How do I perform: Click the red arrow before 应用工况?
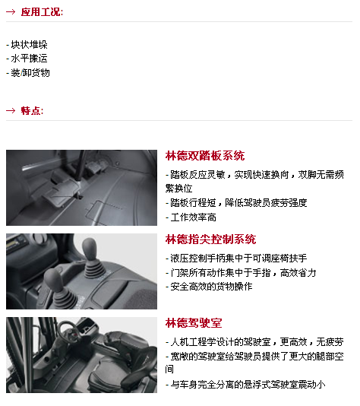[11, 11]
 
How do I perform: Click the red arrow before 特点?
[11, 110]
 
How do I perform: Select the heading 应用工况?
[42, 12]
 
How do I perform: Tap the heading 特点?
[32, 110]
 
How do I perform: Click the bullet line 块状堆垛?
[27, 45]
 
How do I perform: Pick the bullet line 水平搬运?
[27, 59]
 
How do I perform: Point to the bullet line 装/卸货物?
[28, 73]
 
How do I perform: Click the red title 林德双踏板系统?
[205, 156]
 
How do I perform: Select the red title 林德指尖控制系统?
[211, 239]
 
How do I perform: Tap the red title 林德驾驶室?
[194, 323]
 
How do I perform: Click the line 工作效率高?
[191, 217]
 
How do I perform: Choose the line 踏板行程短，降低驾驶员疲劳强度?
[236, 203]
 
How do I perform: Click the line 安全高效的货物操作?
[209, 287]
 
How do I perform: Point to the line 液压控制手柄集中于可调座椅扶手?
[236, 259]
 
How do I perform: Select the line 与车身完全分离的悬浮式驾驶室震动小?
[245, 385]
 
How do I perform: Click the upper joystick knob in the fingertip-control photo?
[90, 248]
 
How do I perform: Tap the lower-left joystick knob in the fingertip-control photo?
[54, 280]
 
